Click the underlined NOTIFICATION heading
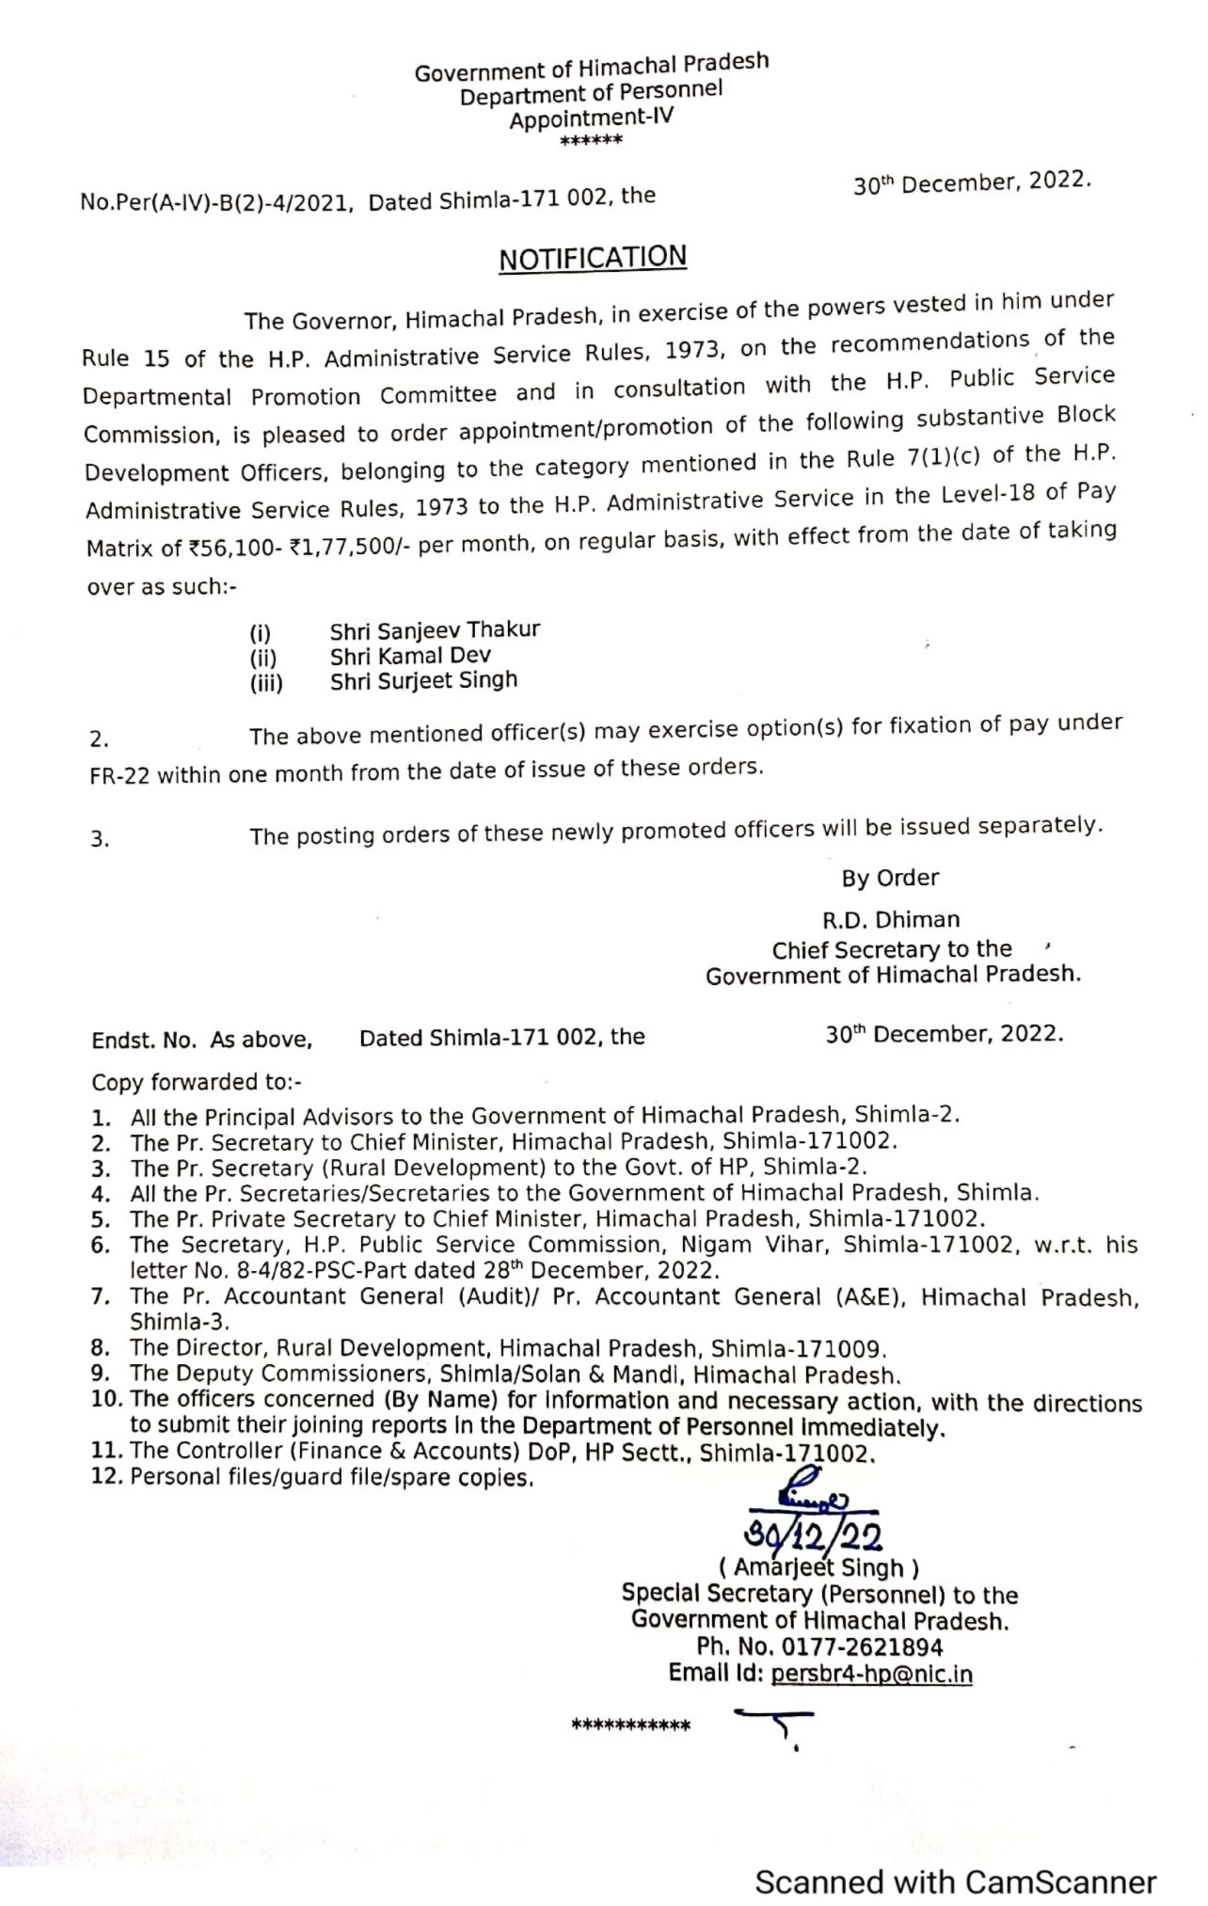(x=593, y=258)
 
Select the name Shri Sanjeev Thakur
(x=435, y=630)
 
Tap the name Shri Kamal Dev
(x=410, y=656)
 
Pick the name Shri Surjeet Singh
(x=423, y=681)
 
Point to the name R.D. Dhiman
(x=889, y=919)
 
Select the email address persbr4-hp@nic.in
(x=871, y=1675)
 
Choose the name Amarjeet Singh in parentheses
(x=819, y=1568)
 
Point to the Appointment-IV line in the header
(x=592, y=119)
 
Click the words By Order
(x=890, y=878)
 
